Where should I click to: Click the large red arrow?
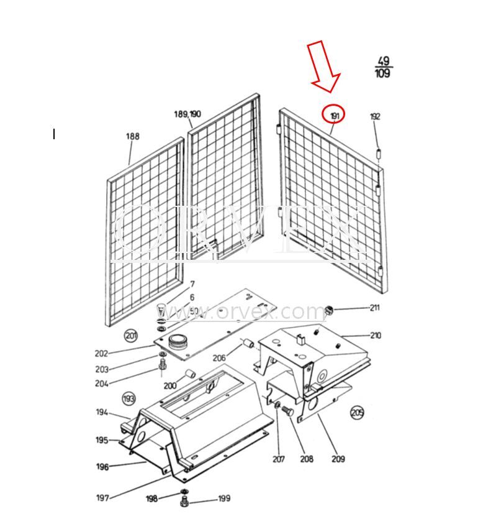(x=324, y=66)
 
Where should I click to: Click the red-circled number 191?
(x=334, y=114)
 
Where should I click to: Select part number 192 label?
(x=375, y=116)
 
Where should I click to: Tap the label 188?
(x=132, y=136)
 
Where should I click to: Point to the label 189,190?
(x=187, y=114)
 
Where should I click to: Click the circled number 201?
(x=130, y=336)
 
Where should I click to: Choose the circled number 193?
(x=129, y=398)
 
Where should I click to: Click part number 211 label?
(x=374, y=307)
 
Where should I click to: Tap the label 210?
(x=376, y=336)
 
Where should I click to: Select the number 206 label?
(x=219, y=357)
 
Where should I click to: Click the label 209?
(x=338, y=459)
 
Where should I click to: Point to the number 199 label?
(x=223, y=499)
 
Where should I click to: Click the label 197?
(x=102, y=497)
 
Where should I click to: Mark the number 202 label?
(x=101, y=354)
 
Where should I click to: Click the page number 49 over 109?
(x=382, y=67)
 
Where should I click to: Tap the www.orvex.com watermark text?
(x=242, y=311)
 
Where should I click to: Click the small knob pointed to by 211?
(x=330, y=309)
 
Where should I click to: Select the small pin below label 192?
(x=378, y=153)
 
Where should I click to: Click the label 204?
(x=101, y=384)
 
